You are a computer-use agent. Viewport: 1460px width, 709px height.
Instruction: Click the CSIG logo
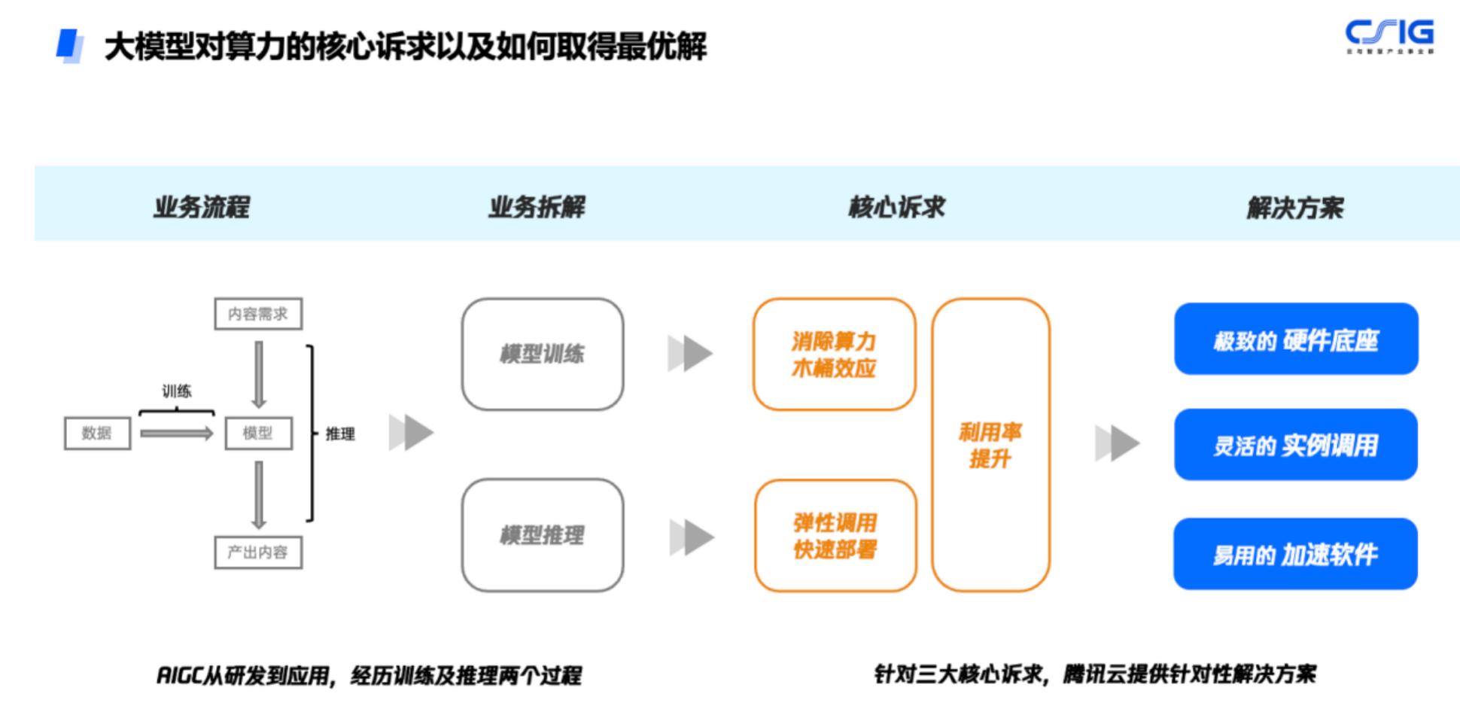(1389, 35)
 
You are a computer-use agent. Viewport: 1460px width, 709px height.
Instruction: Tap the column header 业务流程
(202, 207)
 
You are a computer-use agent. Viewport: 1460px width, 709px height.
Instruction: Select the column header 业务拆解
(537, 207)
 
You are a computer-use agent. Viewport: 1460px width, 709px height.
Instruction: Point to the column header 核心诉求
(896, 207)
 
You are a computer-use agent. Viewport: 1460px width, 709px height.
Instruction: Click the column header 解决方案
(1294, 208)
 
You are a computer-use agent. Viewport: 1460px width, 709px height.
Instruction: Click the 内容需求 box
(258, 314)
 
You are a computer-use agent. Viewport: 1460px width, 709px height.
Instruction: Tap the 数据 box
(97, 434)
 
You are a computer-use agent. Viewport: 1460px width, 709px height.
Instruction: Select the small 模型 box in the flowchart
(258, 434)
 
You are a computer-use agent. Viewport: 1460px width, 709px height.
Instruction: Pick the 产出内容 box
(258, 552)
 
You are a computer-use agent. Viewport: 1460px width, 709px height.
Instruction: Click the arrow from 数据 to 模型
(176, 434)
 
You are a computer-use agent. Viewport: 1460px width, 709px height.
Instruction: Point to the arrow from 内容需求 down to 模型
(259, 374)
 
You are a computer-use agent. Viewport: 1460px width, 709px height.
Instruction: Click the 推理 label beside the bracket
(340, 434)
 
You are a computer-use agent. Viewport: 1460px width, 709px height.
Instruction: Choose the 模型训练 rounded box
(542, 354)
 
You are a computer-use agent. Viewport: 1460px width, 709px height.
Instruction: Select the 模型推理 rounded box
(542, 535)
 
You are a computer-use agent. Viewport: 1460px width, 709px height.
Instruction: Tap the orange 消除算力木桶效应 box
(834, 354)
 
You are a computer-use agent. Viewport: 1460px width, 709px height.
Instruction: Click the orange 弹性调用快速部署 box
(835, 536)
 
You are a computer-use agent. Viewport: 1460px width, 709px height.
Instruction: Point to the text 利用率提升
(990, 445)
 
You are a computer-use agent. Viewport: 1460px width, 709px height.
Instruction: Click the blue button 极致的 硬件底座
(1295, 339)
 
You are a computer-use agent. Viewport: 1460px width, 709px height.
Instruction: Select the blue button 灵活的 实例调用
(1295, 445)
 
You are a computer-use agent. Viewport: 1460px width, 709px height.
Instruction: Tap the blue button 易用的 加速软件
(1295, 554)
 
